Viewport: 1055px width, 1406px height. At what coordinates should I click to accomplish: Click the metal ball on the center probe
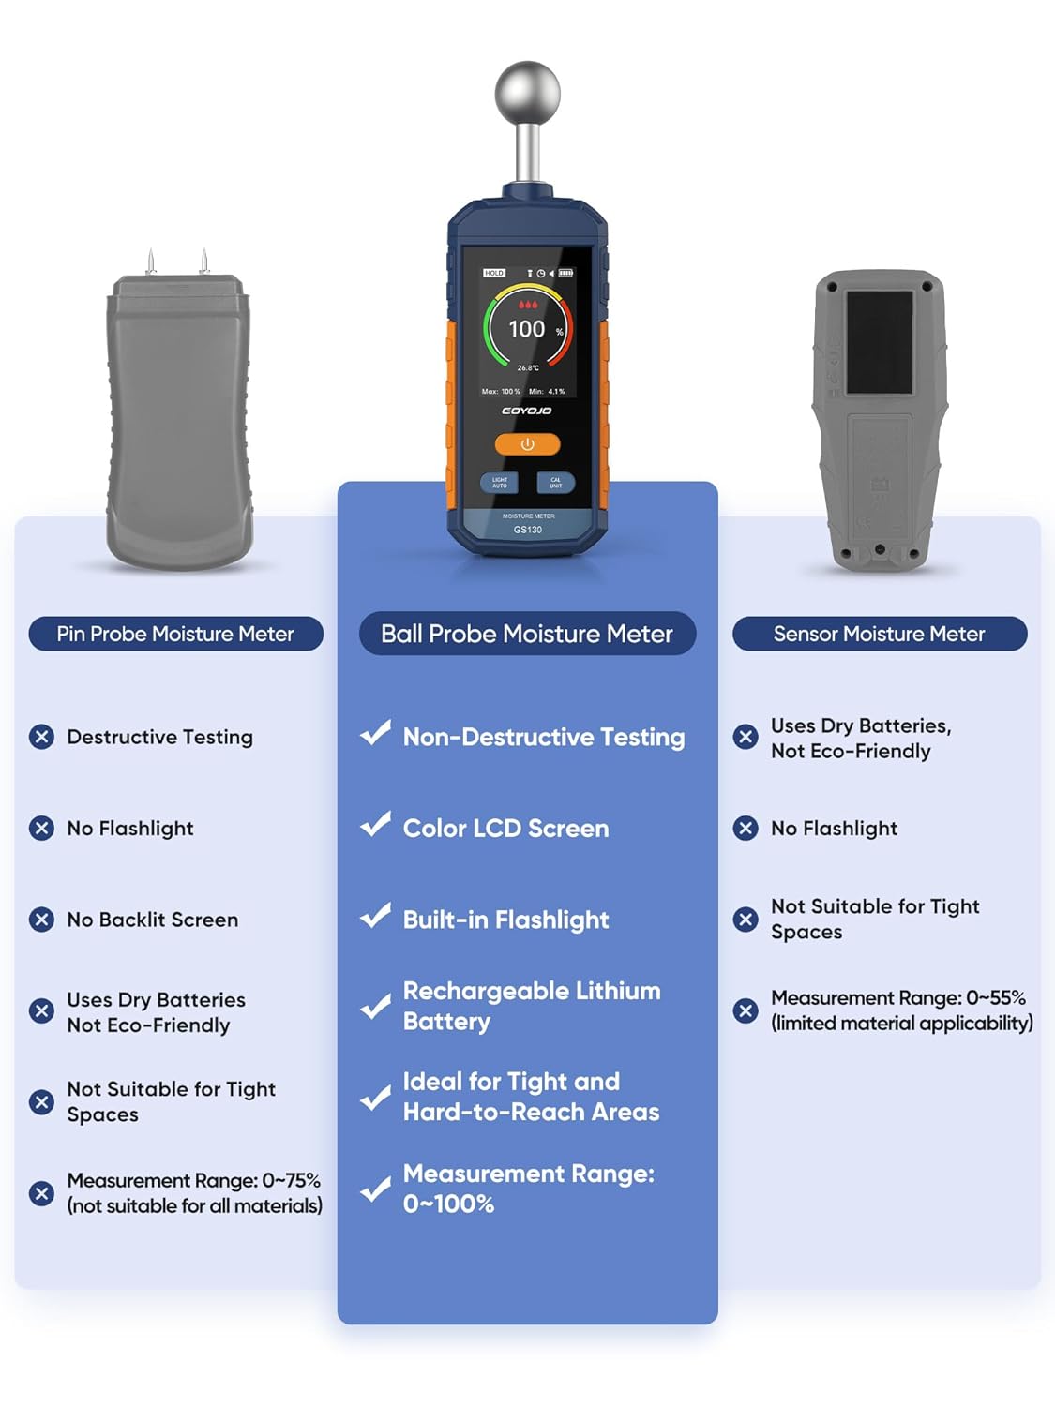coord(527,93)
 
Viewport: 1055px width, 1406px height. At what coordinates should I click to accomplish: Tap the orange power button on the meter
coord(527,444)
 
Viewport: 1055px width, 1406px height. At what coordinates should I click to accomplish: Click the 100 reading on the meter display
coord(526,329)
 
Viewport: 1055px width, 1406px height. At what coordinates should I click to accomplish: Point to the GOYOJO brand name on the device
coord(527,411)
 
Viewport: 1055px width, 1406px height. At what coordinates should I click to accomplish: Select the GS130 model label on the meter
coord(528,530)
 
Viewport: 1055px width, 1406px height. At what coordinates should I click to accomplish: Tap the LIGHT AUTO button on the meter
coord(499,483)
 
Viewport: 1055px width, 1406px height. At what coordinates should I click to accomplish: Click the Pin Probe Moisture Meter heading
coord(175,634)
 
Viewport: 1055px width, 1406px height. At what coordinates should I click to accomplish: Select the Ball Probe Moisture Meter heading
coord(527,634)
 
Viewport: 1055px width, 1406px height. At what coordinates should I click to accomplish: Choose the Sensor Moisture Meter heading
coord(879,634)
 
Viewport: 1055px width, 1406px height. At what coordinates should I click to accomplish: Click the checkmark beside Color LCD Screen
coord(375,825)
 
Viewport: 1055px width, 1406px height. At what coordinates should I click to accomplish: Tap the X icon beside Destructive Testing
coord(41,737)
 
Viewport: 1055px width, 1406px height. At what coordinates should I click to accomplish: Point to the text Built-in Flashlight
coord(505,920)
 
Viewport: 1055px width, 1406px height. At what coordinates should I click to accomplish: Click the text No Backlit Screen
coord(152,920)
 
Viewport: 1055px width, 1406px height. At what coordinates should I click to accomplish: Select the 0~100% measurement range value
coord(448,1204)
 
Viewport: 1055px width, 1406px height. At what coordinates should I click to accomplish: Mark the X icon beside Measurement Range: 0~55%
coord(746,1010)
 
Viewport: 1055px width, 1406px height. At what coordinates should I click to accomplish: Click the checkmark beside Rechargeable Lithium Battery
coord(375,1006)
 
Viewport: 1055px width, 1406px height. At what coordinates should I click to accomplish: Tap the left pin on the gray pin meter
coord(150,262)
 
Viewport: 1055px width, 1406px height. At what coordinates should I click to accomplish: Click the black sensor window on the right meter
coord(879,342)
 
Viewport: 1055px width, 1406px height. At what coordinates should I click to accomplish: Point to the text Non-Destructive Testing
coord(543,738)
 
